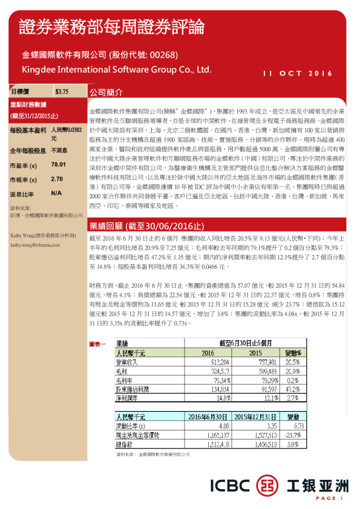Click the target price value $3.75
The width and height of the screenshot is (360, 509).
point(62,91)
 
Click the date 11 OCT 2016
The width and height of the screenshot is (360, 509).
point(298,74)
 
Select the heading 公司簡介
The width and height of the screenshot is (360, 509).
point(106,93)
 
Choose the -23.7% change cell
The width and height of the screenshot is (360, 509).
point(290,435)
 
